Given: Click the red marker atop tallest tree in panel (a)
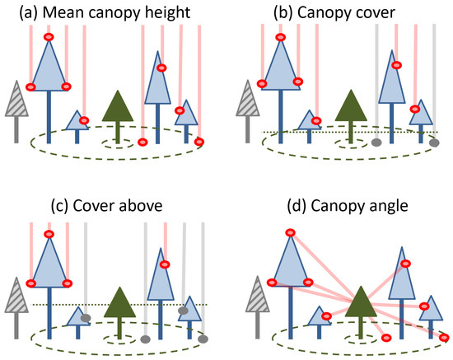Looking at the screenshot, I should [49, 37].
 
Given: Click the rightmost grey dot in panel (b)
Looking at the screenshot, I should [434, 143].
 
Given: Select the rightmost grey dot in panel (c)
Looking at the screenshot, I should [203, 338].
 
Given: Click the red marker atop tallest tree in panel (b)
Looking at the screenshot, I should [282, 37].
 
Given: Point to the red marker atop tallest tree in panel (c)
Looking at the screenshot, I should [49, 235].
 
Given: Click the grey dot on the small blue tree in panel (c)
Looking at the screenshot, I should [86, 317].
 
